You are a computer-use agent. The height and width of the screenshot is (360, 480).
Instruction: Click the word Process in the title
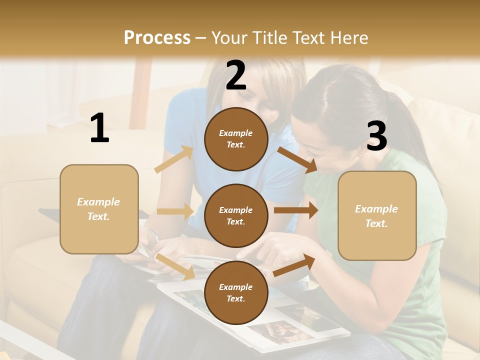pos(157,37)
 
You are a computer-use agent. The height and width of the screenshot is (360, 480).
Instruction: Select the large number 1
pos(99,128)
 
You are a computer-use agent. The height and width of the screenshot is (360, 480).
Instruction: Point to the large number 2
pos(236,75)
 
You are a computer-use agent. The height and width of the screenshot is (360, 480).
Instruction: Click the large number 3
pos(376,136)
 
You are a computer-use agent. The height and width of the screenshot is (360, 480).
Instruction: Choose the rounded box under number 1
pos(99,209)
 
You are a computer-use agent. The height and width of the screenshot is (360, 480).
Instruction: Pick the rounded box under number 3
pos(377,215)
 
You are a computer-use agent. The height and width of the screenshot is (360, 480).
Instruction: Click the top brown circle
pos(236,139)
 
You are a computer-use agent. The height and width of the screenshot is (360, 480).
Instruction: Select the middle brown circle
pos(236,215)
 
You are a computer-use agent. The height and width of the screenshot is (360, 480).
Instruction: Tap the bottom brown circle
pos(236,292)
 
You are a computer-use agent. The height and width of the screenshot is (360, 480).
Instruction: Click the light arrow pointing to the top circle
pos(173,159)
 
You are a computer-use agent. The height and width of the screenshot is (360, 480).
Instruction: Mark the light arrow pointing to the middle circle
pos(175,211)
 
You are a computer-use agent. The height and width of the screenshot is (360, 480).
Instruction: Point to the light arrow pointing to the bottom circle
pos(175,266)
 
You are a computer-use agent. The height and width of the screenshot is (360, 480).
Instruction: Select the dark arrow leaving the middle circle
pos(295,210)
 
